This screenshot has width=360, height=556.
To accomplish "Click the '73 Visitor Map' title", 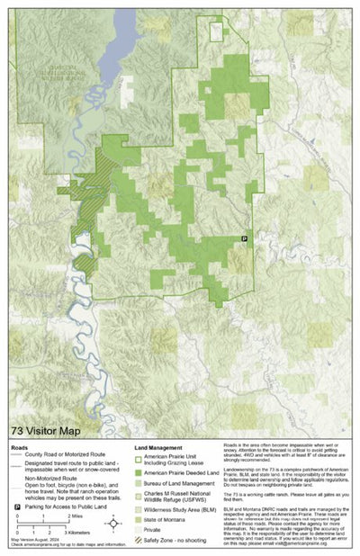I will (x=46, y=431).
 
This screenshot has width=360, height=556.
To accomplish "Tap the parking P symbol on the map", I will (x=244, y=238).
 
